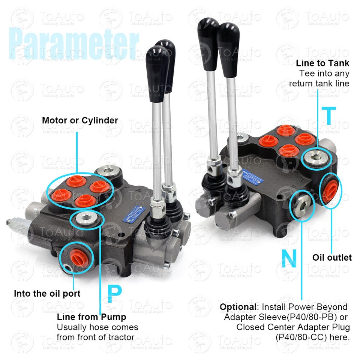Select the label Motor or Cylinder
pos(80,120)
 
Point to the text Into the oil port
pos(47,293)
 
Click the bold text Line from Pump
pos(91,317)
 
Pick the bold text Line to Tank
pos(322,63)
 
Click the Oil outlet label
pos(332,257)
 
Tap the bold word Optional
pos(237,307)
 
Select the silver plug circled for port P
pos(86,219)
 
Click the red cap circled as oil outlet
pos(330,190)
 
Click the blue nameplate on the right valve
pos(253,178)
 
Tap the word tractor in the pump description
pos(121,337)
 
